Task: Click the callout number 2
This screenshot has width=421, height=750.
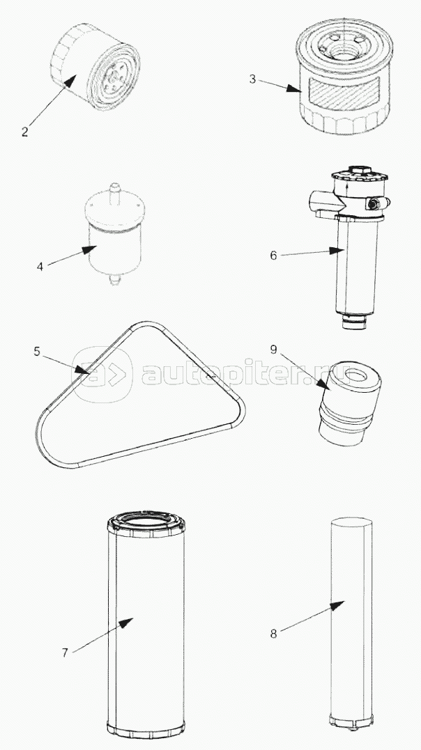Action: tap(25, 132)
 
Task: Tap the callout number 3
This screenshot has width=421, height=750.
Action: tap(252, 79)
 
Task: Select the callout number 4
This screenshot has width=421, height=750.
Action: tap(40, 267)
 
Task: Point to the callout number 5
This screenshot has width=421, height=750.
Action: tap(37, 352)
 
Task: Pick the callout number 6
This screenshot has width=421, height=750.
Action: tap(273, 256)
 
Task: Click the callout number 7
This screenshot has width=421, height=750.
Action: tap(65, 653)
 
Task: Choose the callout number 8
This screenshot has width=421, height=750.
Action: tap(273, 634)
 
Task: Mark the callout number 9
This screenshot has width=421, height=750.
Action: tap(273, 350)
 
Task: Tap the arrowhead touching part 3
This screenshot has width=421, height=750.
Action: tap(293, 89)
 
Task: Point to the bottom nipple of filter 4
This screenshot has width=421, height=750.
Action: tap(113, 279)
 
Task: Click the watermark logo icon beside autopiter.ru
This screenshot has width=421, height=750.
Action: tap(102, 374)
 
